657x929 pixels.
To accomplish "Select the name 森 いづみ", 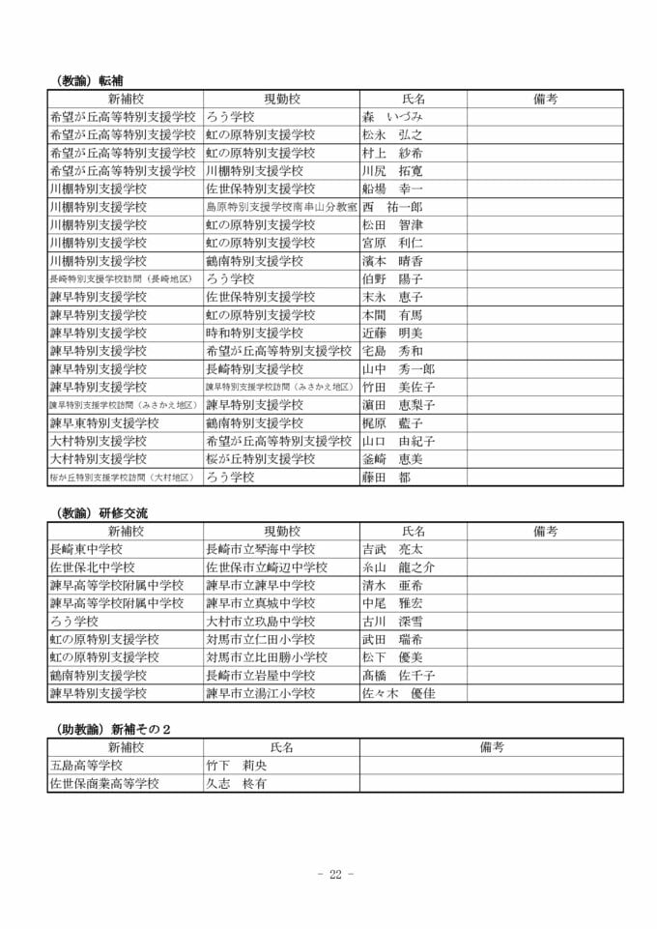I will point(392,117).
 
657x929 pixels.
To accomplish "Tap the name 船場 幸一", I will point(392,189).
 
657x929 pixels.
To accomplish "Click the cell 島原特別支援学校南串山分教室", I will point(280,207).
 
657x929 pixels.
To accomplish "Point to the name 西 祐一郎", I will point(392,207).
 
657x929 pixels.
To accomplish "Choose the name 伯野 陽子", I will point(392,278).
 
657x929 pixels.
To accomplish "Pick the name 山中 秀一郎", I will point(398,368).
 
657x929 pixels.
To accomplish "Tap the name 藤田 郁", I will point(386,477).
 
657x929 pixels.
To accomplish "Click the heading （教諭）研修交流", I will point(97,512).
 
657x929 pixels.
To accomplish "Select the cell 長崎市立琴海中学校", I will point(260,549).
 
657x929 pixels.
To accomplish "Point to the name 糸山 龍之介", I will point(398,566).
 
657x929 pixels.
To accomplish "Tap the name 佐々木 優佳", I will point(398,693).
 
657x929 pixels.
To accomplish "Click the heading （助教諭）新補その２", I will point(109,728).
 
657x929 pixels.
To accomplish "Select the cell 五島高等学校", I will point(86,765).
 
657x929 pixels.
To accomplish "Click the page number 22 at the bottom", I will point(335,875).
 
